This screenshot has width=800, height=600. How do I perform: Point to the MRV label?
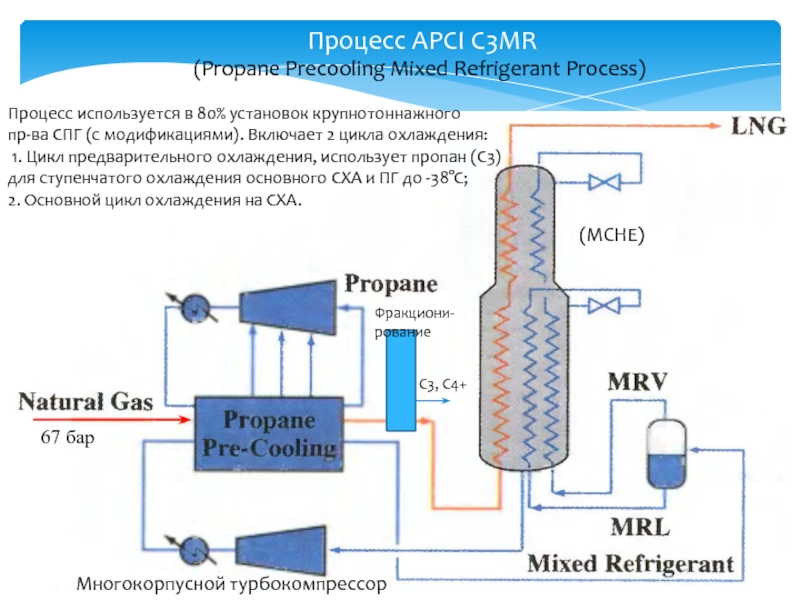point(638,383)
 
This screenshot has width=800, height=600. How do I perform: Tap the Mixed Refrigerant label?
point(630,563)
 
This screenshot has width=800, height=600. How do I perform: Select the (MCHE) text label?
point(612,234)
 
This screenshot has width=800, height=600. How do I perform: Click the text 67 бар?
point(67,438)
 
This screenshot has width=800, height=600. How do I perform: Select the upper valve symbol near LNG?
point(603,182)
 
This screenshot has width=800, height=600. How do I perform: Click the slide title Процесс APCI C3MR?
point(425,42)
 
